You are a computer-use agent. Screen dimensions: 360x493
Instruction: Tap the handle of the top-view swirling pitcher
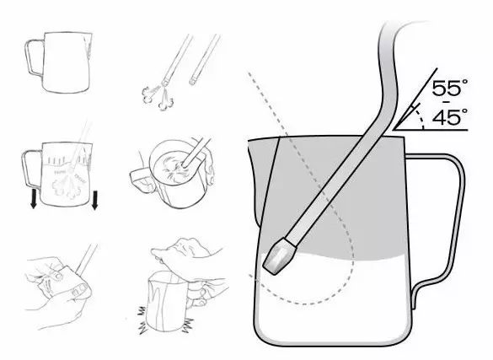click(139, 173)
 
